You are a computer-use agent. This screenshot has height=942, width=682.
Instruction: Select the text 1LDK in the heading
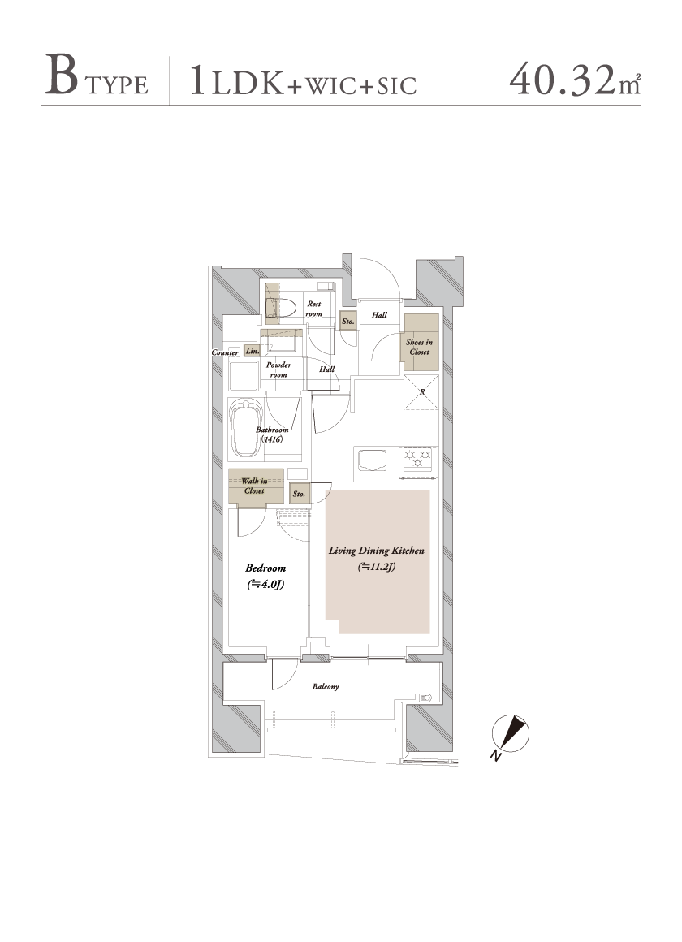pos(236,82)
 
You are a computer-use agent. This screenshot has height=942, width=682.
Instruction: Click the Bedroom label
pos(265,568)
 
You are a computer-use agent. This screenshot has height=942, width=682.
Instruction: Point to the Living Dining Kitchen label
pos(377,551)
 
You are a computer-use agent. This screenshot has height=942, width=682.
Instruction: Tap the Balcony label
pos(326,687)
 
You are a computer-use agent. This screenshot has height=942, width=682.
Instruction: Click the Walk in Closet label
pos(255,486)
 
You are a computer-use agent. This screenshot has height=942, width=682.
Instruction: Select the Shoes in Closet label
pos(420,347)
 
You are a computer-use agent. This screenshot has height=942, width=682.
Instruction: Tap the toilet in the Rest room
pos(283,308)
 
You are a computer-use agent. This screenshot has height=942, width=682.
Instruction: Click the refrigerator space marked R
pos(421,392)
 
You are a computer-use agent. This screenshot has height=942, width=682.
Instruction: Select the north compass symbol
pos(510,735)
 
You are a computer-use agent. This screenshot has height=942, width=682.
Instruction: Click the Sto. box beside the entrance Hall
pos(348,322)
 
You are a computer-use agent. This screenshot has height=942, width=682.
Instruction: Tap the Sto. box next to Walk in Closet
pos(300,494)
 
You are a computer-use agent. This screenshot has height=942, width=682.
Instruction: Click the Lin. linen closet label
pos(253,351)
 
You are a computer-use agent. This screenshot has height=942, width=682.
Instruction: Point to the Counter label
pos(226,352)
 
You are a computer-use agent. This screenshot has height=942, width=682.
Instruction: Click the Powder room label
pos(278,369)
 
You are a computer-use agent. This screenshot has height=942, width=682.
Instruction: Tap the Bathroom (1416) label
pos(272,434)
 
